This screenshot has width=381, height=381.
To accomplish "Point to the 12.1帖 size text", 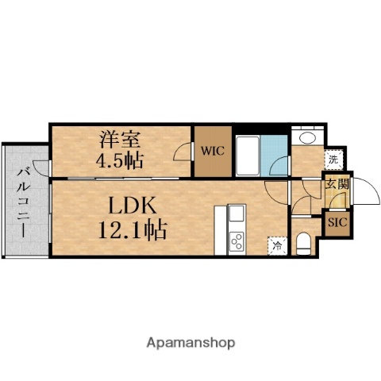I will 133,232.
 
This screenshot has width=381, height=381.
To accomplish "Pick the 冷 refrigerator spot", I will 277,245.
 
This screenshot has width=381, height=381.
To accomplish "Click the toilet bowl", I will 303,241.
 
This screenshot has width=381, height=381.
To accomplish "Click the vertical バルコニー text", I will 24,200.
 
